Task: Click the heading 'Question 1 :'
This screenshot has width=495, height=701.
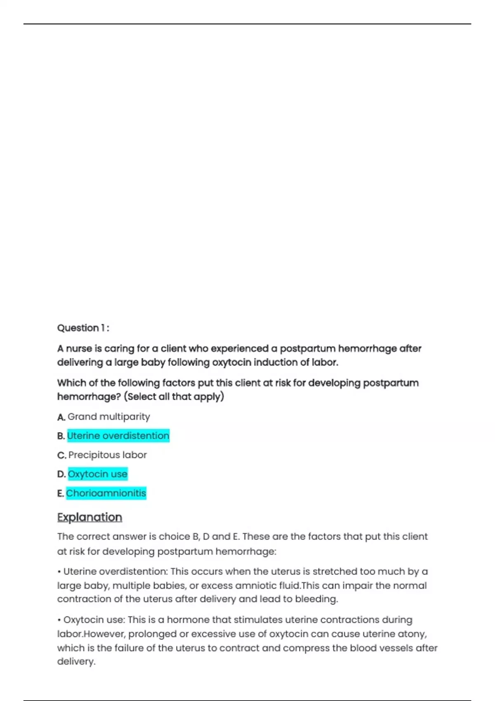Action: tap(83, 328)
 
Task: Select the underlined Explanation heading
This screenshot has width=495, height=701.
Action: tap(90, 517)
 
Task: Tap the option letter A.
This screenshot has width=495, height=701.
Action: tap(61, 417)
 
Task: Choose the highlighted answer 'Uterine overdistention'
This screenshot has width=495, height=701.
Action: tap(118, 436)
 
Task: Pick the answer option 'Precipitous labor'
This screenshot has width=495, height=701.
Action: tap(107, 455)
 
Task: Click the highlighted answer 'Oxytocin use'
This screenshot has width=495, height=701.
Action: tap(97, 474)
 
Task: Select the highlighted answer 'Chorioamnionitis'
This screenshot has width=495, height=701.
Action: tap(106, 493)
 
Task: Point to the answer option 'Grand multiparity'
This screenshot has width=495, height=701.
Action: tap(108, 417)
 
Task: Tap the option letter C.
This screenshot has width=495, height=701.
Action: tap(61, 456)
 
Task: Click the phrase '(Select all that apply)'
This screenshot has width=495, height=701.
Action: tap(174, 397)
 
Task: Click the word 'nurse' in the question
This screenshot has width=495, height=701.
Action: tap(79, 349)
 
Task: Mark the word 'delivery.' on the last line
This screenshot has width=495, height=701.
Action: tap(76, 661)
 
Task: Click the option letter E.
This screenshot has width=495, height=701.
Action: tap(61, 494)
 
